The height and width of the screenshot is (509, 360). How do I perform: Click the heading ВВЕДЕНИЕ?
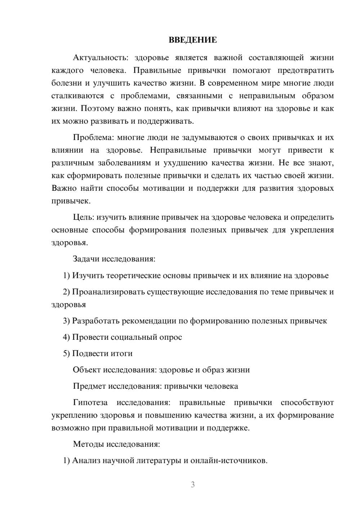pyautogui.click(x=193, y=40)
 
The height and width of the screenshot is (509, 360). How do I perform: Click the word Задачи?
pyautogui.click(x=86, y=259)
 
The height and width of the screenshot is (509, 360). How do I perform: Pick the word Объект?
pyautogui.click(x=87, y=370)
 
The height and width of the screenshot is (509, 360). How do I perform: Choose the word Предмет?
pyautogui.click(x=89, y=386)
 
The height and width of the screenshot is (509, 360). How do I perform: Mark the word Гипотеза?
pyautogui.click(x=90, y=402)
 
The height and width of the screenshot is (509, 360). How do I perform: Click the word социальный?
pyautogui.click(x=133, y=337)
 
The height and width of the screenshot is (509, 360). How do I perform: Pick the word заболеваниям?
pyautogui.click(x=125, y=163)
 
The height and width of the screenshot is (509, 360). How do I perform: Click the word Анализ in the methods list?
pyautogui.click(x=86, y=460)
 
